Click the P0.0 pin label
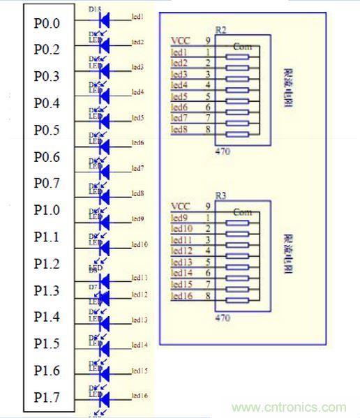point(47,23)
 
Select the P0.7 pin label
point(47,184)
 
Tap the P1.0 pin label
point(47,210)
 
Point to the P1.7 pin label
point(47,398)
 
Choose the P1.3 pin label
point(47,291)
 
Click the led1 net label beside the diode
point(137,16)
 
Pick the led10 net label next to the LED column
point(139,244)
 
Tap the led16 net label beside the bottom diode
point(139,396)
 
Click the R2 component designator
point(221,30)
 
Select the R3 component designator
point(221,196)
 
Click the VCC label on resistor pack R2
point(180,42)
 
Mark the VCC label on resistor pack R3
point(180,207)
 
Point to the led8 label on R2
point(179,130)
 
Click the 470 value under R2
point(223,150)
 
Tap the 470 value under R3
point(223,318)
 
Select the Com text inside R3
point(242,211)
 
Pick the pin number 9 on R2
point(207,42)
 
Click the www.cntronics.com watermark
point(288,408)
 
